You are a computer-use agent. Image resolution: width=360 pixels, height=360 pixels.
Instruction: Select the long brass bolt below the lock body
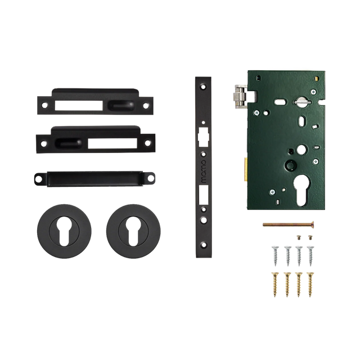(x=285, y=223)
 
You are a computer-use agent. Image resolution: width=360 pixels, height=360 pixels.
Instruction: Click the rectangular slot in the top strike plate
(x=79, y=104)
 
